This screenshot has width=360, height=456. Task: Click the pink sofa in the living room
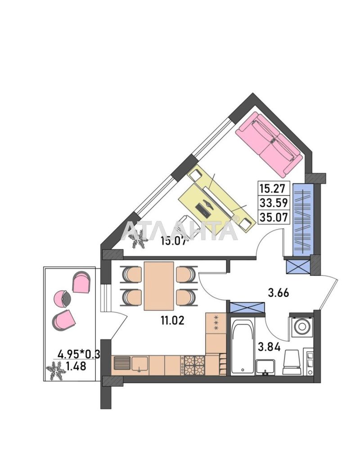[x=269, y=144]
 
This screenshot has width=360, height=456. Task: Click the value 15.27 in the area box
[x=273, y=187]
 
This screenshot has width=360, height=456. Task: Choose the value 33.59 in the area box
[x=273, y=202]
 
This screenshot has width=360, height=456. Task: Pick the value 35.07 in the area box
[x=273, y=217]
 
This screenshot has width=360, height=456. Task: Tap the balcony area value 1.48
[x=76, y=366]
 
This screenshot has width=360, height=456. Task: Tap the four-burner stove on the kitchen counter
[x=193, y=365]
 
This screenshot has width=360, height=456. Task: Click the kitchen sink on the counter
[x=139, y=364]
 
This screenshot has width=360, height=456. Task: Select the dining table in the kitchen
[x=159, y=286]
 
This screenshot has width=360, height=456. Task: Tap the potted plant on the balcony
[x=56, y=371]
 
